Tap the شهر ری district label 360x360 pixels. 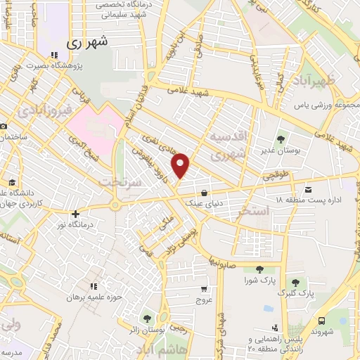tap(90, 43)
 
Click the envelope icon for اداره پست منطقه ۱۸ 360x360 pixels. tap(308, 189)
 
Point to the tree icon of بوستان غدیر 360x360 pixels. tap(281, 139)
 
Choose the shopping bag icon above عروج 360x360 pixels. tap(204, 289)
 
